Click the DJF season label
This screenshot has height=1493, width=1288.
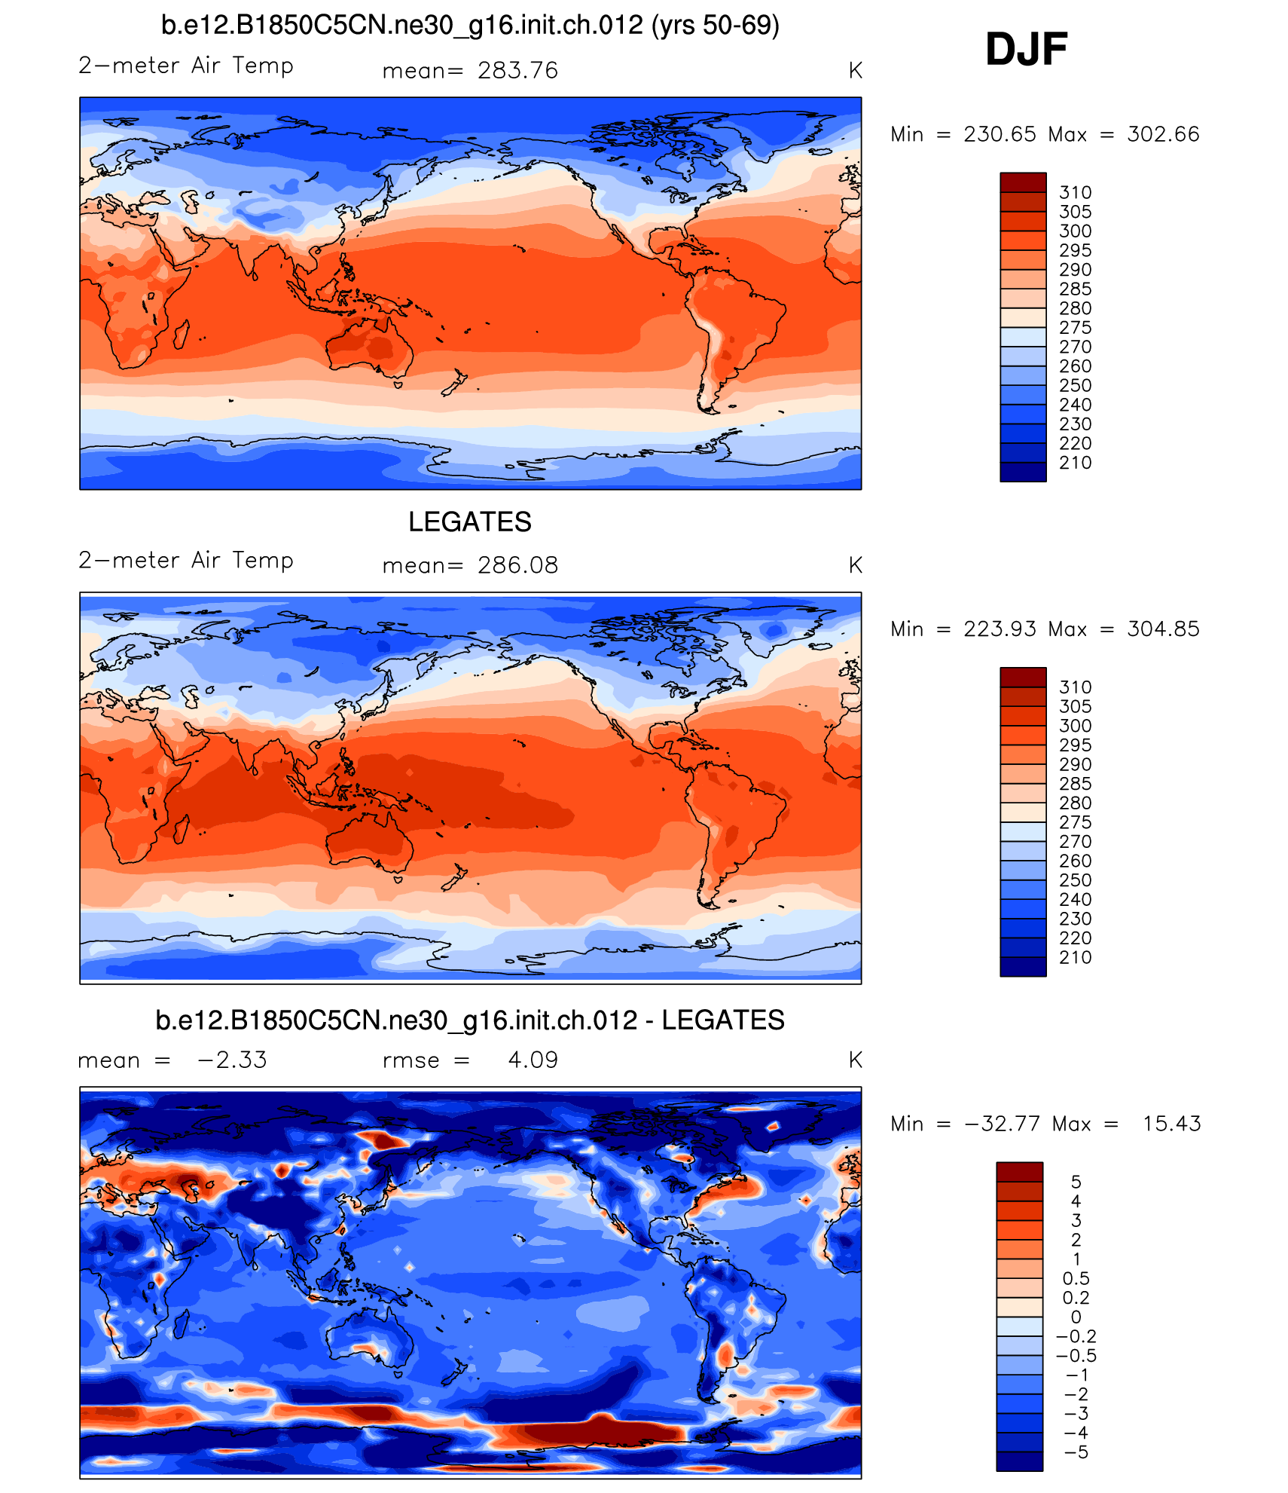pos(1026,50)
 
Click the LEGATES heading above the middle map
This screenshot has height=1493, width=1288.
pos(470,522)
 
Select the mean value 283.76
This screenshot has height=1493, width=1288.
pos(517,71)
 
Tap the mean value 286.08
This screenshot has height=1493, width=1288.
pos(517,565)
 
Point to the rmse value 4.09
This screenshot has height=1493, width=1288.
pos(533,1060)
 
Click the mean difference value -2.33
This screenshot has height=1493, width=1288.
pos(232,1060)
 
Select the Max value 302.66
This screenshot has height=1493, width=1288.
pos(1163,134)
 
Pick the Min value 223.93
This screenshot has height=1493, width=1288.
pos(1000,629)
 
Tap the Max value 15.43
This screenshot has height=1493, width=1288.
pos(1171,1124)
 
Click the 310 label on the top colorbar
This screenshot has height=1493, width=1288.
pos(1075,192)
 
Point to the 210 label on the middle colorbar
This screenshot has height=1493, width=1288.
pos(1075,958)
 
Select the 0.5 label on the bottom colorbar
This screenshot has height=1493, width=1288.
pos(1076,1278)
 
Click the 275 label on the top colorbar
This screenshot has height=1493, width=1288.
pos(1075,328)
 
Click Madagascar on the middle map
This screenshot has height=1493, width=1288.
pos(182,828)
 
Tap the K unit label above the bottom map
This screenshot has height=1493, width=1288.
pos(855,1060)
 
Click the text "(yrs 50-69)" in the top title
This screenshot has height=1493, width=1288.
pos(716,26)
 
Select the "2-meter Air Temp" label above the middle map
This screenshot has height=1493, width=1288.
pos(186,560)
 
